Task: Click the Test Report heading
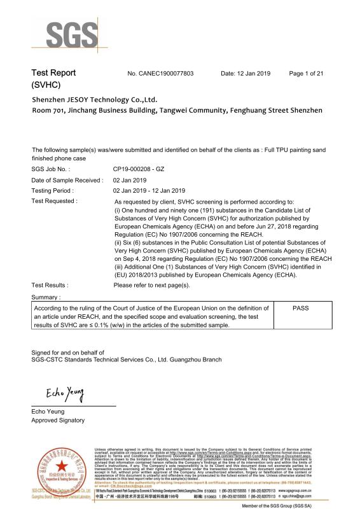(x=54, y=73)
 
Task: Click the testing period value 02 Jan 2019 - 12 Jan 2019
(x=149, y=190)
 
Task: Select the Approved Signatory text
(x=58, y=421)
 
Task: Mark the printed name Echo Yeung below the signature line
(x=48, y=412)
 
